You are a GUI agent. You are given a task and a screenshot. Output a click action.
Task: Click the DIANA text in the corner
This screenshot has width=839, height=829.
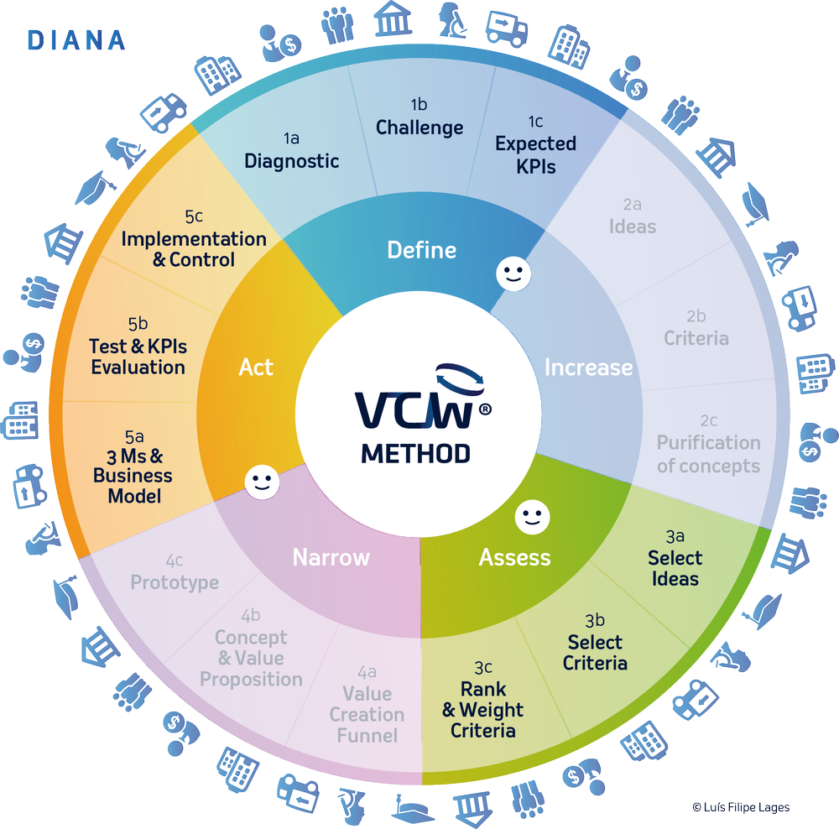[76, 39]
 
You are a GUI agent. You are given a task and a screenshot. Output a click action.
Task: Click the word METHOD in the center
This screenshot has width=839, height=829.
[415, 453]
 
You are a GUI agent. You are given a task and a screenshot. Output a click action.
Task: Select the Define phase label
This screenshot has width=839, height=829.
[421, 249]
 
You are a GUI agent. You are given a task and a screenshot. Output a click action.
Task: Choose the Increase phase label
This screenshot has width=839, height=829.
[588, 368]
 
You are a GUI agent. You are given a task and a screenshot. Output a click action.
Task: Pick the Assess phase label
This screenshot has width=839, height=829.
[514, 557]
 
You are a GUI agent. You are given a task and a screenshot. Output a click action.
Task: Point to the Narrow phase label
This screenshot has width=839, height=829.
[331, 557]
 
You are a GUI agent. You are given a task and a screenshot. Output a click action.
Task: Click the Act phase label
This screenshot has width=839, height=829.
[256, 368]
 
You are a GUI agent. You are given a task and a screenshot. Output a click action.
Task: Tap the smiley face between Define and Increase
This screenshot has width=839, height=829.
[508, 274]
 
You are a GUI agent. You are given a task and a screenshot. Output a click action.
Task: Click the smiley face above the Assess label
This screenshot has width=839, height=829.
[529, 514]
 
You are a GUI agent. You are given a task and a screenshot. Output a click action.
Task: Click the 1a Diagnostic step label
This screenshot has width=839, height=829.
[291, 152]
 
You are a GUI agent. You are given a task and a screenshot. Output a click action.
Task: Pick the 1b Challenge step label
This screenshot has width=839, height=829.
[419, 118]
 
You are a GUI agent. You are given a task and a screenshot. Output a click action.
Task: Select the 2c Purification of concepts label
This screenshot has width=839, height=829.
[708, 445]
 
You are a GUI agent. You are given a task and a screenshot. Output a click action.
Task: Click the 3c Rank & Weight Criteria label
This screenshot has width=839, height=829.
[483, 700]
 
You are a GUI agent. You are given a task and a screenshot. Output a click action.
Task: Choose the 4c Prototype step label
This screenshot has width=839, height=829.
[175, 572]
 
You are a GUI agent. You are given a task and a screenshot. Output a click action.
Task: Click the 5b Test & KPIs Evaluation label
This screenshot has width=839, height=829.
[138, 347]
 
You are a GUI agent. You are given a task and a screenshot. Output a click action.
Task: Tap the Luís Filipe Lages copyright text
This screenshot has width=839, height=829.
[741, 806]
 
